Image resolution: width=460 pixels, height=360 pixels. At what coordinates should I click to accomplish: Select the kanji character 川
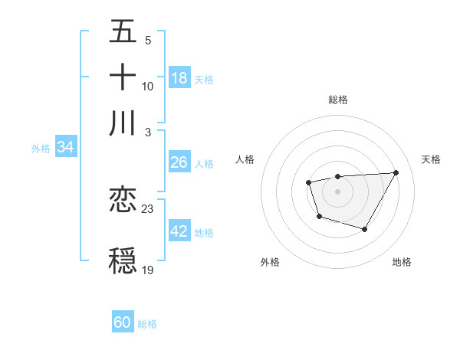(123, 123)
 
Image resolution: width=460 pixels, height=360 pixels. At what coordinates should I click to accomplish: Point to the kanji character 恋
(123, 200)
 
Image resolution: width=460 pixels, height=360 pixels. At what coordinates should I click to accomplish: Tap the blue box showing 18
(179, 77)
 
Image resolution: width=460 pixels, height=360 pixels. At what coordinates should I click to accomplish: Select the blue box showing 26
(179, 162)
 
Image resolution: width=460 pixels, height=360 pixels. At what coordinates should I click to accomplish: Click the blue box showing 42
(179, 231)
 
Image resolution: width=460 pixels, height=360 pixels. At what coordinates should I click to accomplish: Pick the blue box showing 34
(65, 148)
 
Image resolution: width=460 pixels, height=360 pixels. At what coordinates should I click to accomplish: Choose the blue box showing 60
(123, 322)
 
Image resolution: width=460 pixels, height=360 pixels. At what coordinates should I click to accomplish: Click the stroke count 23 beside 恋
(148, 209)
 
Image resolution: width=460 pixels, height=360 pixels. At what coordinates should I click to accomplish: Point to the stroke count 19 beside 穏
(148, 270)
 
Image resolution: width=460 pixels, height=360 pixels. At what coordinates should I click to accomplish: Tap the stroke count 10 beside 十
(148, 86)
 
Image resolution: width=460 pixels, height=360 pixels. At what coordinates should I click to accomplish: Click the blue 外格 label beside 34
(41, 149)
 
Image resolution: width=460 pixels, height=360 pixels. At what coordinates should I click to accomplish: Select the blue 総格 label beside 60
(147, 323)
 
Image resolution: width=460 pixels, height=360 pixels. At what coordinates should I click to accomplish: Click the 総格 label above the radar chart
(337, 100)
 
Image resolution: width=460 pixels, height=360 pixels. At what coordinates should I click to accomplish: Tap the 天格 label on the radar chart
(431, 159)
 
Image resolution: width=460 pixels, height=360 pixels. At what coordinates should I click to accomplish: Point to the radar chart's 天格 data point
(396, 172)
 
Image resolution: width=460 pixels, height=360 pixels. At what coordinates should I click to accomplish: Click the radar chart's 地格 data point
(365, 229)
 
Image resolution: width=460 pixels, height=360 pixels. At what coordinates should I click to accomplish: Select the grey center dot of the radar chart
(337, 191)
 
